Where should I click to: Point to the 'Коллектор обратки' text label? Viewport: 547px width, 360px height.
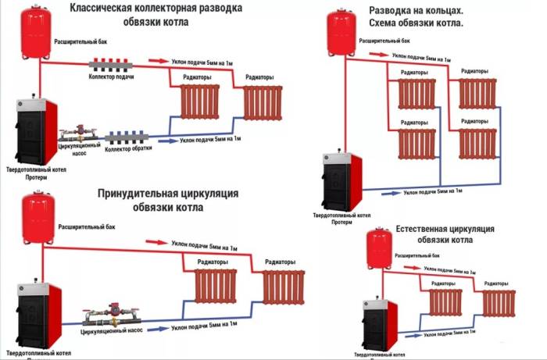point(128,149)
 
